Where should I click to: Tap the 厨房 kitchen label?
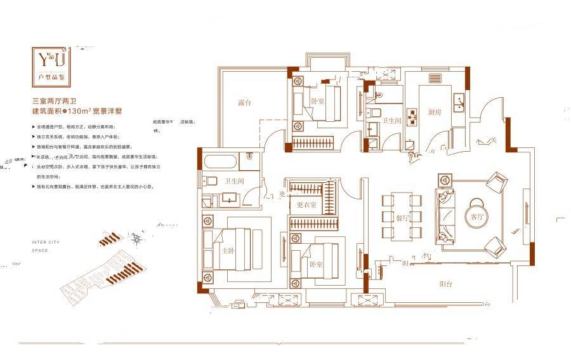coord(434,112)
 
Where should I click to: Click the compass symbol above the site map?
coord(136,238)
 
